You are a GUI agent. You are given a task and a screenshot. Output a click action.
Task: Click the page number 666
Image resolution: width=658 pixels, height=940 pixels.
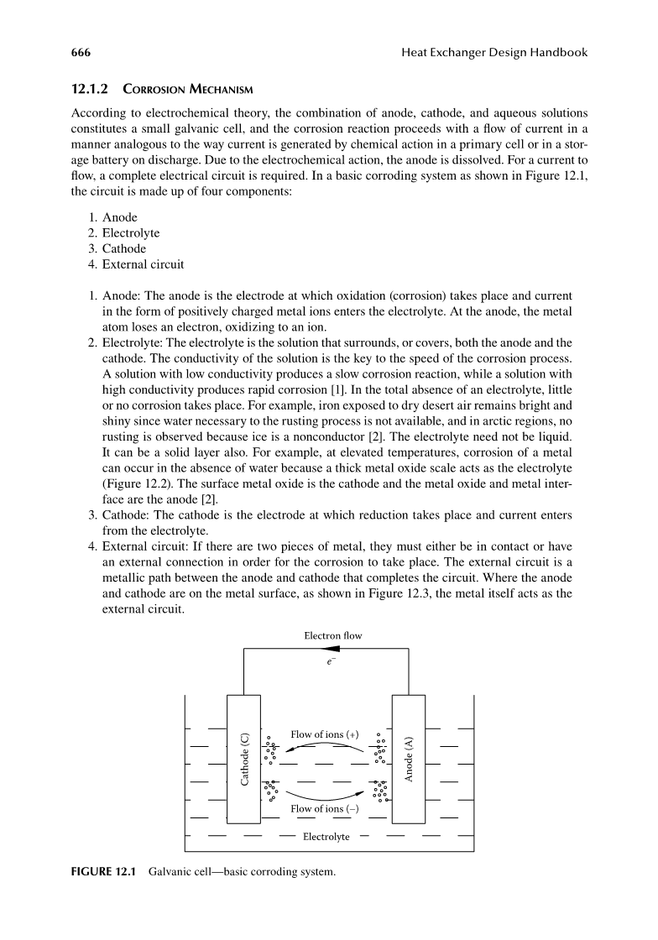tap(81, 53)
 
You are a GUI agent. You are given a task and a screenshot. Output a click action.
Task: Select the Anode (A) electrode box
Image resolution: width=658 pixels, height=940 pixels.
tap(409, 760)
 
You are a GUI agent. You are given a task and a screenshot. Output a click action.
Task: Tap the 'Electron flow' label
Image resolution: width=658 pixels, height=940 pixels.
tap(333, 635)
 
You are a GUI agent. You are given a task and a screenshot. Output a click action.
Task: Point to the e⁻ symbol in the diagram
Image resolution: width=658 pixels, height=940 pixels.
tap(330, 662)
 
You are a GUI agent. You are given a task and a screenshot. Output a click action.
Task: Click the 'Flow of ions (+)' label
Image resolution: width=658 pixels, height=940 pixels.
tap(324, 734)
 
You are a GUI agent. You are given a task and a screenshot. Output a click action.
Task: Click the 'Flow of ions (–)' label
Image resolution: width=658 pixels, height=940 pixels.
tap(324, 809)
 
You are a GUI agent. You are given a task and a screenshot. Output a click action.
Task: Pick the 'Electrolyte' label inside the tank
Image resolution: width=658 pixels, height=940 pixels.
tap(326, 837)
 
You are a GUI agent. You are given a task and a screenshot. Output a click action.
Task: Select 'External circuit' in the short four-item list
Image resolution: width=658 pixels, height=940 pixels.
tap(144, 264)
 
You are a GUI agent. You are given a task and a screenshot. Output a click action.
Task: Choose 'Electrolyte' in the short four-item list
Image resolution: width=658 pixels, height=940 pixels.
tap(131, 232)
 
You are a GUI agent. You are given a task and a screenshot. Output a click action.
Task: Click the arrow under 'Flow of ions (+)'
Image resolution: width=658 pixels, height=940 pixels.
tap(327, 745)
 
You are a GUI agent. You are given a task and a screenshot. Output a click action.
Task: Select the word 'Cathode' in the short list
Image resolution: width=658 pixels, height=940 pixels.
tap(124, 248)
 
